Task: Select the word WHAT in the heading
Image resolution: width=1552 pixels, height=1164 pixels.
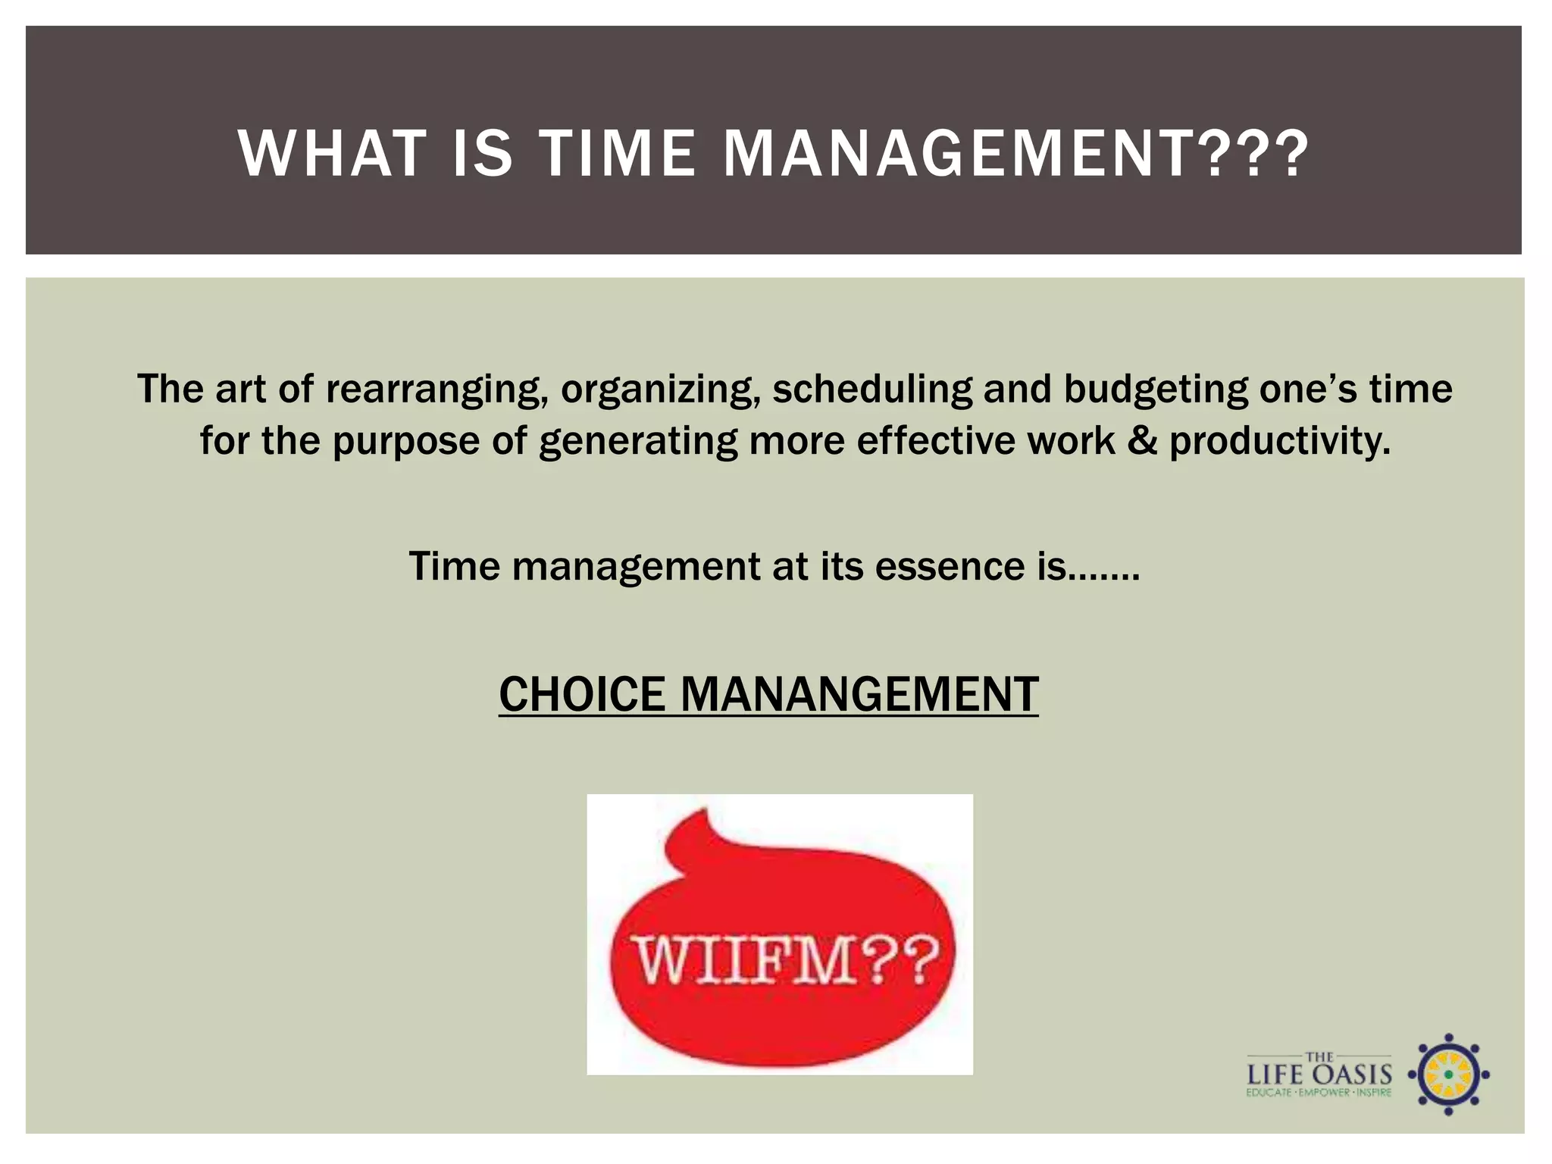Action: click(332, 154)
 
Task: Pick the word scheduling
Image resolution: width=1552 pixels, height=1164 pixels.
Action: click(871, 390)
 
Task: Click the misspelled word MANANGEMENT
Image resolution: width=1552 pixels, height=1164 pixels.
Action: click(859, 694)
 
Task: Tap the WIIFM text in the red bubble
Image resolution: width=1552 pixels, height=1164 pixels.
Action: click(785, 961)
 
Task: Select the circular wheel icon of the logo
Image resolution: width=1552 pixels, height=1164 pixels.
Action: click(1448, 1074)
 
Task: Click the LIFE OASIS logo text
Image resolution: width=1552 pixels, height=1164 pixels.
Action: click(1319, 1074)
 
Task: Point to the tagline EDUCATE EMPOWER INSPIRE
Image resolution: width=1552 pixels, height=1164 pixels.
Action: click(1319, 1093)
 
